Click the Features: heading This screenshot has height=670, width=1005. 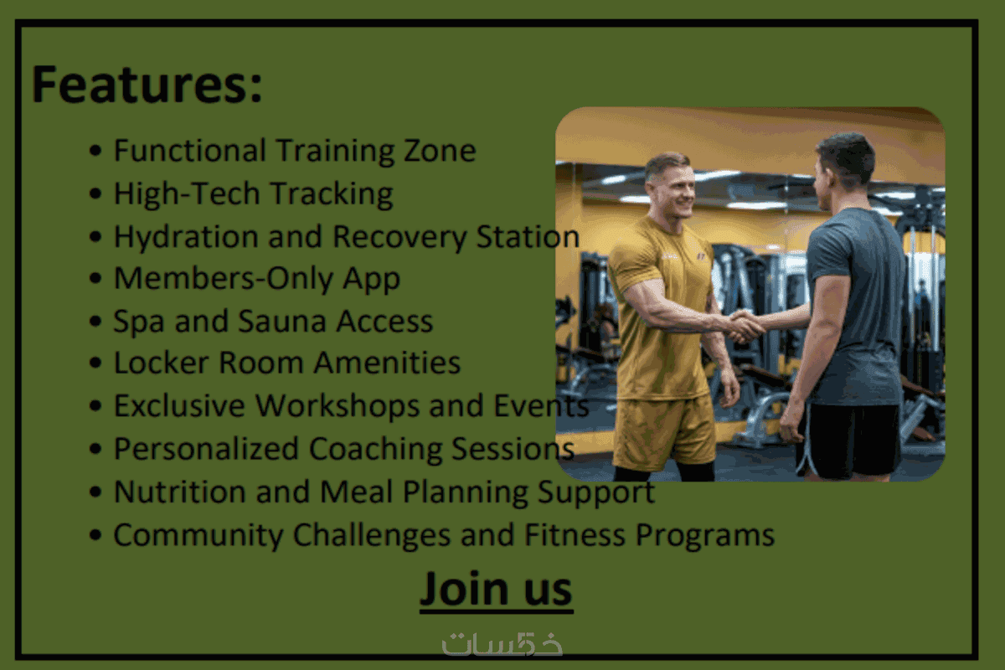(x=147, y=85)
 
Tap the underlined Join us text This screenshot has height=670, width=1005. (x=496, y=589)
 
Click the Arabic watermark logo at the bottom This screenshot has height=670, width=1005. (x=502, y=644)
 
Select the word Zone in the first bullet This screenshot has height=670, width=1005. (x=440, y=151)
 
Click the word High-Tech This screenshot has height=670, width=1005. (x=187, y=193)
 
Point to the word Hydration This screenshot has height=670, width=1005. (x=186, y=236)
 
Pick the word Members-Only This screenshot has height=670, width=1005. (x=223, y=278)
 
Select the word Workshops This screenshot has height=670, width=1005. (x=337, y=405)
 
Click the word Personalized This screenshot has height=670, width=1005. (x=206, y=449)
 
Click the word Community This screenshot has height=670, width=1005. (x=198, y=535)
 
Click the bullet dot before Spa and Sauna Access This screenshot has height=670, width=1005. (x=95, y=322)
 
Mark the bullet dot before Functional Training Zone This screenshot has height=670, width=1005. (x=95, y=151)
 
